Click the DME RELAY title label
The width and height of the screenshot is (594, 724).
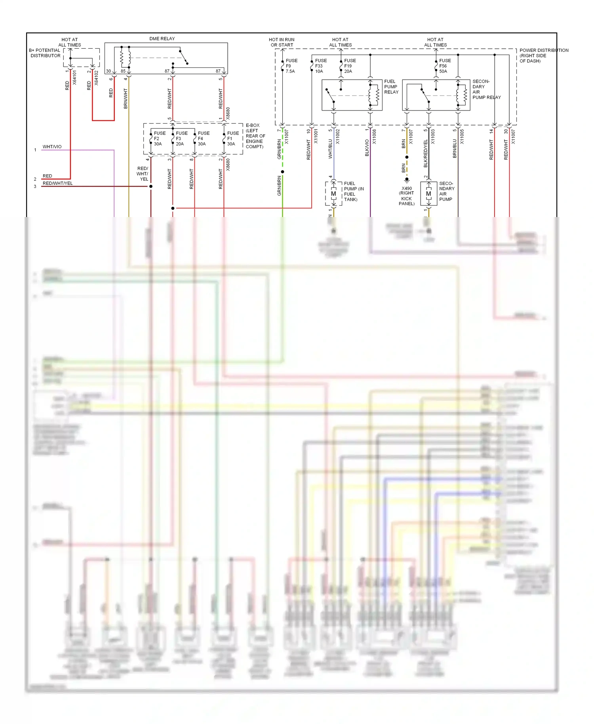pyautogui.click(x=162, y=39)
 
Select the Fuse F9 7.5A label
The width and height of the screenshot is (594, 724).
pyautogui.click(x=291, y=66)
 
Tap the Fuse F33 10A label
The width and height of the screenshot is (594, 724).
pyautogui.click(x=320, y=66)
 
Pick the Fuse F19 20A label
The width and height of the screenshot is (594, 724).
pyautogui.click(x=350, y=66)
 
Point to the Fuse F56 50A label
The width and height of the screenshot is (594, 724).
pyautogui.click(x=445, y=66)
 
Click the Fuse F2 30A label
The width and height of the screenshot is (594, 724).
pyautogui.click(x=159, y=139)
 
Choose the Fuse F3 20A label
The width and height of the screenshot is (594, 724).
pyautogui.click(x=181, y=139)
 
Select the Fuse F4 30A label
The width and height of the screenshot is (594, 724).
pyautogui.click(x=203, y=139)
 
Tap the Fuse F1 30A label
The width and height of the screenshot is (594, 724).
pyautogui.click(x=232, y=139)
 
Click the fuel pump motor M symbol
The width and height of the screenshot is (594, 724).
pyautogui.click(x=333, y=194)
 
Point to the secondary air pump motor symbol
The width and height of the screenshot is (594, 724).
pyautogui.click(x=428, y=194)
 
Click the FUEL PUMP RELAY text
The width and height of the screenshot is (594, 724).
pyautogui.click(x=391, y=87)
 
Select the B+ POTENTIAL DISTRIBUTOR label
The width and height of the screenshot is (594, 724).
pyautogui.click(x=45, y=53)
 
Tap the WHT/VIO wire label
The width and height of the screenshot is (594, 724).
pyautogui.click(x=52, y=147)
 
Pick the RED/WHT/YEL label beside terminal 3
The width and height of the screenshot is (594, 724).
pyautogui.click(x=57, y=183)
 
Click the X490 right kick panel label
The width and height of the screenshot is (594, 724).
pyautogui.click(x=407, y=196)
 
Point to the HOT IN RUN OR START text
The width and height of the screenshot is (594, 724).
pyautogui.click(x=282, y=42)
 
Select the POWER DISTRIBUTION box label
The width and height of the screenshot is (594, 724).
pyautogui.click(x=543, y=55)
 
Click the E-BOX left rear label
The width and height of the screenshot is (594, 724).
pyautogui.click(x=255, y=136)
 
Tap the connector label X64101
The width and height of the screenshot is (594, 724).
pyautogui.click(x=74, y=78)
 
